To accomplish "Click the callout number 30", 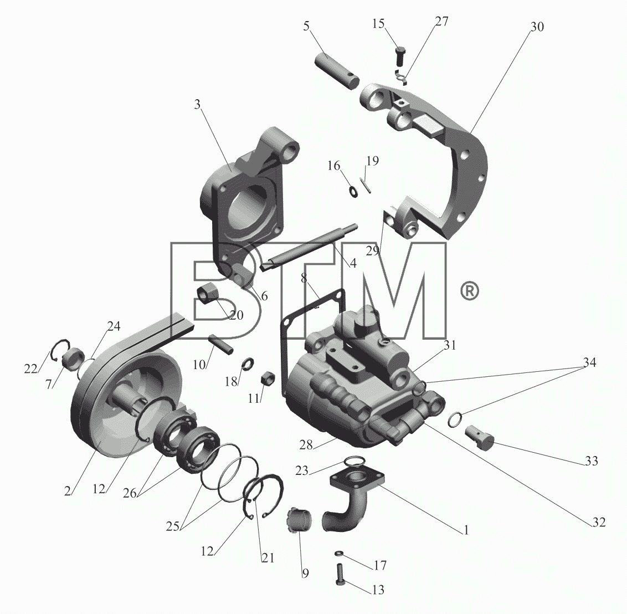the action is tap(537, 27).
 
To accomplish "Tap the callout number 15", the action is tap(378, 24).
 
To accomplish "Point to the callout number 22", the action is tap(30, 369).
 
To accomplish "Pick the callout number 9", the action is tap(305, 573).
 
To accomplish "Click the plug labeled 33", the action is tap(480, 437).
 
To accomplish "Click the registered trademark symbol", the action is tap(470, 291).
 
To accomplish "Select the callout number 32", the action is tap(599, 522).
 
